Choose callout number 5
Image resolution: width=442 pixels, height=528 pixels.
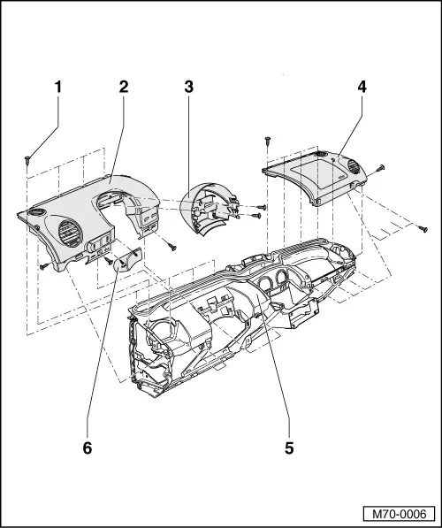(288, 447)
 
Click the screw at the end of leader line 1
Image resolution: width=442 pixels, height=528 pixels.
(28, 160)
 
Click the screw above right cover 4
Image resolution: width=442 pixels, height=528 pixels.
(266, 141)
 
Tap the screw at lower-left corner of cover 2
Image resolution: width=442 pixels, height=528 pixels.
(42, 264)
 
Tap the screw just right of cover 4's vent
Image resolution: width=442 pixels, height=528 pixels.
(380, 167)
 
